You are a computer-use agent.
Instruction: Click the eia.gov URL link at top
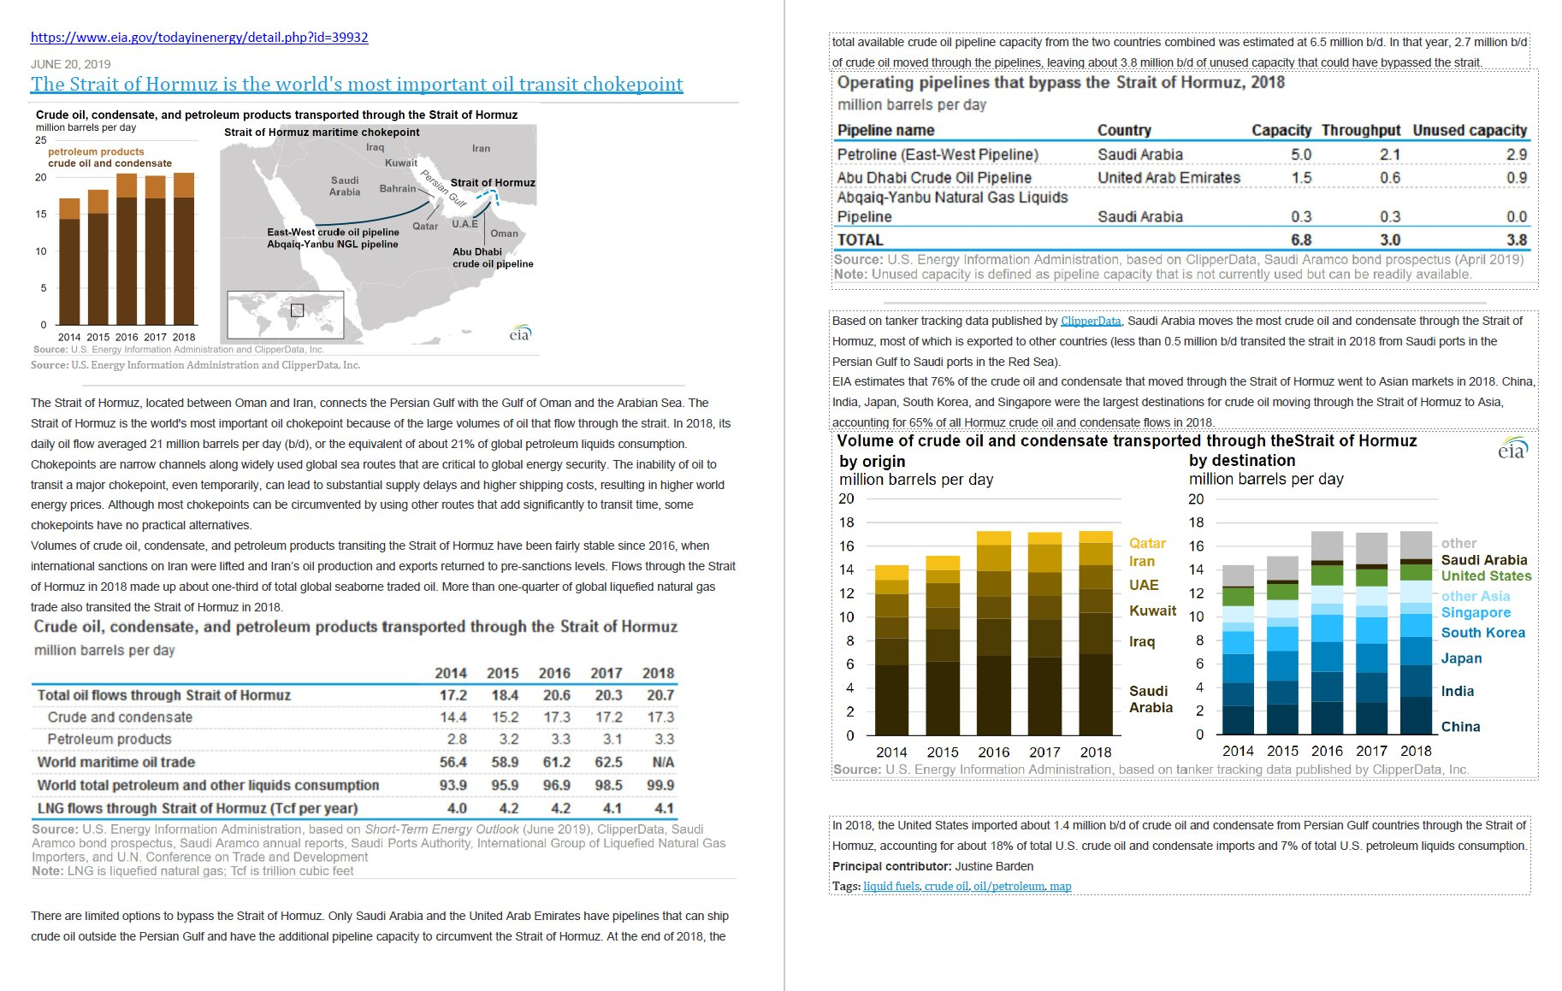[x=199, y=38]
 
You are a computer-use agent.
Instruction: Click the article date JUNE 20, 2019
[x=71, y=64]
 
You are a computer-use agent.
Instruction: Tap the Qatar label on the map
[x=425, y=227]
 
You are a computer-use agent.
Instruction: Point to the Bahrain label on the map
[x=398, y=188]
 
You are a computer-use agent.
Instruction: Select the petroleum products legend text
[x=96, y=151]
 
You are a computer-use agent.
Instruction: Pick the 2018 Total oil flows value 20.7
[x=660, y=695]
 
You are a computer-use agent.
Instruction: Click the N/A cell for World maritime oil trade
[x=663, y=762]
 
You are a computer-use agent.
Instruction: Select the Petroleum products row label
[x=109, y=739]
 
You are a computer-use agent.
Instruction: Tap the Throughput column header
[x=1360, y=130]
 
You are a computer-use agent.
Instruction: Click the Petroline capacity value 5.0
[x=1301, y=155]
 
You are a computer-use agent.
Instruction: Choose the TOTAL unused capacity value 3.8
[x=1517, y=240]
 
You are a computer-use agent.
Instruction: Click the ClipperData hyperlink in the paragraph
[x=1091, y=321]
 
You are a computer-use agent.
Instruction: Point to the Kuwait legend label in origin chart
[x=1152, y=611]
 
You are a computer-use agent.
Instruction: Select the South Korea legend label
[x=1482, y=633]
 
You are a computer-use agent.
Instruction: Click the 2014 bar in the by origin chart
[x=891, y=650]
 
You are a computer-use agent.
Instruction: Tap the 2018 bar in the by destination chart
[x=1416, y=633]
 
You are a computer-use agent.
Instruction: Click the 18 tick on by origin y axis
[x=846, y=522]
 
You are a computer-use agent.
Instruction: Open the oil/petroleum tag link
[x=1009, y=887]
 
